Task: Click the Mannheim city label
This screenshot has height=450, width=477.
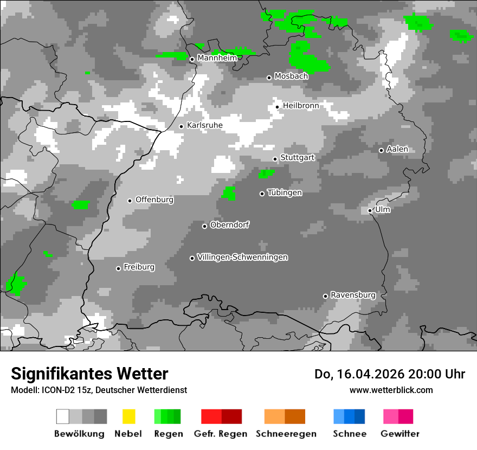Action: [217, 58]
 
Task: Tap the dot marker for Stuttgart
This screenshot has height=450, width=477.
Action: [275, 159]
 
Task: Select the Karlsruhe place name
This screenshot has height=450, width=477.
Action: [205, 125]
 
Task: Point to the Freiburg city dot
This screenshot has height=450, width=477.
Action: [118, 268]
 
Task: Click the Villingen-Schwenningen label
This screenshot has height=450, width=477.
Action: [242, 257]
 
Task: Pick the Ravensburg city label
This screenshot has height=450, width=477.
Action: [353, 295]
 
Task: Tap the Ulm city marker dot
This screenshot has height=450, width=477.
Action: [370, 210]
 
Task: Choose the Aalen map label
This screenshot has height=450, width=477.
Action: [397, 149]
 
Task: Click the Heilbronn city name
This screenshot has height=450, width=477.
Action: [301, 106]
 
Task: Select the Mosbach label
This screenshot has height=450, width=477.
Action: [291, 76]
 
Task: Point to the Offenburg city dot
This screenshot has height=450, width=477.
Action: [130, 201]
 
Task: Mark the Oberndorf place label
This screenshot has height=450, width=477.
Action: [230, 225]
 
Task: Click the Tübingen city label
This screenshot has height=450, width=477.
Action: [285, 193]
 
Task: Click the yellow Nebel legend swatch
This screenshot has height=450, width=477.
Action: [128, 416]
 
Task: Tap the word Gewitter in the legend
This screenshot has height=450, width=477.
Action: [400, 434]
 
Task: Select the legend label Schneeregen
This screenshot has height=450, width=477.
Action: [286, 434]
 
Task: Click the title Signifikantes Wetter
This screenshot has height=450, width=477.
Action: [89, 374]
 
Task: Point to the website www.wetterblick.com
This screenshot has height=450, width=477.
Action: [391, 390]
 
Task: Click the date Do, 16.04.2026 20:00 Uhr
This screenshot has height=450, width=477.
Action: [390, 374]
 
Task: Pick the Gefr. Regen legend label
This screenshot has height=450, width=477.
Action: [221, 434]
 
